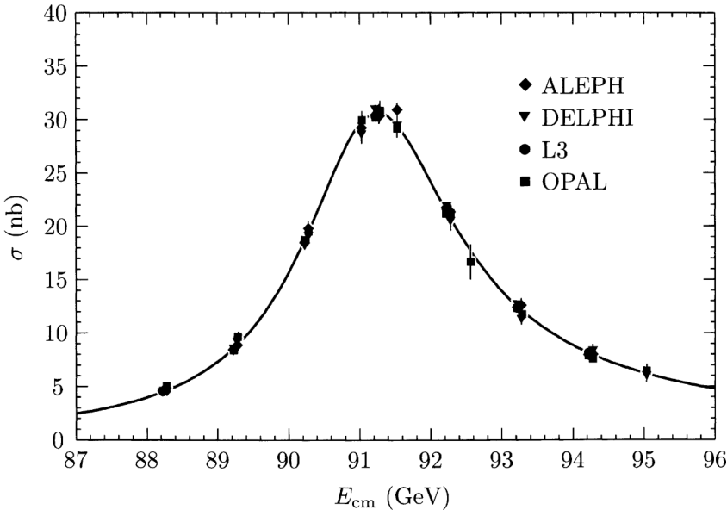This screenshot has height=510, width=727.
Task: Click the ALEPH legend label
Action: (x=582, y=85)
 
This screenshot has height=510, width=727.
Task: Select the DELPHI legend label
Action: (x=588, y=118)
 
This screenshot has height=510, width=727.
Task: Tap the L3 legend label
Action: (x=556, y=150)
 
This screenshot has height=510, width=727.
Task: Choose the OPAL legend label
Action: (x=575, y=182)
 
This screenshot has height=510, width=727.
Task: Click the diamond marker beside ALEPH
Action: (x=524, y=85)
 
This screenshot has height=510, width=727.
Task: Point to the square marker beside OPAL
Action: (x=524, y=182)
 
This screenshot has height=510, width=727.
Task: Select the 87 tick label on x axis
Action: (x=76, y=461)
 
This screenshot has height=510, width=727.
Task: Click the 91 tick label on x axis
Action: (x=359, y=461)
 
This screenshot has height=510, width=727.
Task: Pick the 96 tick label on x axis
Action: (x=713, y=461)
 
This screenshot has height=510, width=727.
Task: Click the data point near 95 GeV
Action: (x=647, y=372)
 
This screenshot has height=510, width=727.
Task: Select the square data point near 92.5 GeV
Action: (x=470, y=262)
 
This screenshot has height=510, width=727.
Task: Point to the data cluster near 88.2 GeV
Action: (x=165, y=389)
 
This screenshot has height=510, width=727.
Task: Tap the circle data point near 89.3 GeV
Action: (x=238, y=338)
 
